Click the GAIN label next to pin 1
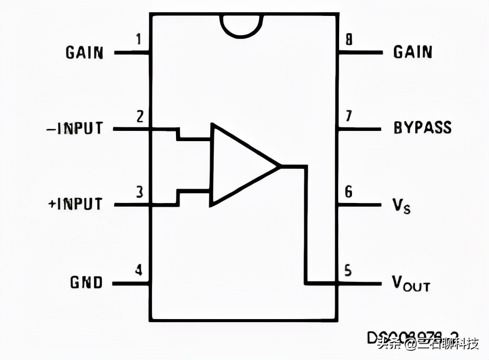pos(84,53)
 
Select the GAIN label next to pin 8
pos(413,52)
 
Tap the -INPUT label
pos(75,128)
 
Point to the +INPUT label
pos(75,204)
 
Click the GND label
pos(86,282)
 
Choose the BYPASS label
pos(423,127)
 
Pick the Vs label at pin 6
pos(402,206)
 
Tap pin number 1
pos(139,39)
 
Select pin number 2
pos(140,116)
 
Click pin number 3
pos(139,193)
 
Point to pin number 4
pos(139,269)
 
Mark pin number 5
pos(348,269)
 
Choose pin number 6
pos(348,192)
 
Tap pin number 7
pos(348,116)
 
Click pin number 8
pos(348,39)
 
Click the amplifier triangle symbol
pos(238,165)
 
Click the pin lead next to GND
pos(130,283)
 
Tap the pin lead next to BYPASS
pos(359,128)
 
